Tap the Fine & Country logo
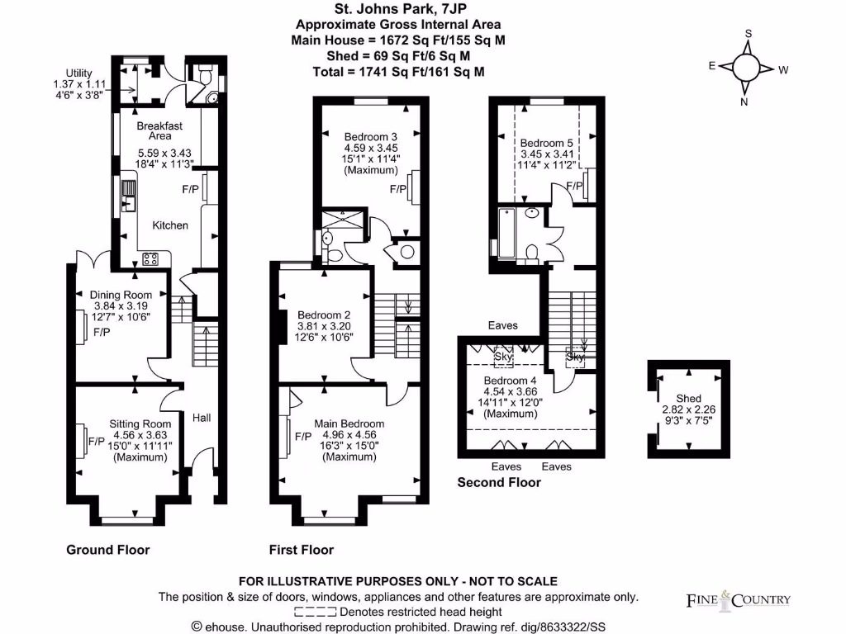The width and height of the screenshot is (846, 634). tap(738, 599)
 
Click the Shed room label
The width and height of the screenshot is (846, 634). tap(688, 398)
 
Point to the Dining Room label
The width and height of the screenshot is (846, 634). tap(121, 295)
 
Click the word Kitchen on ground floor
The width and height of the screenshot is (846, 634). tap(170, 225)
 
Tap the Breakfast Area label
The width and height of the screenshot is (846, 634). tap(159, 130)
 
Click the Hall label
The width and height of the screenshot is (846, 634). tap(202, 419)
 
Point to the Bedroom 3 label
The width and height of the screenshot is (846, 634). tap(371, 136)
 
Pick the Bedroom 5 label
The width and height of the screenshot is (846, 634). tap(546, 142)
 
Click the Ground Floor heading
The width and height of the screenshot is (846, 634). tap(107, 549)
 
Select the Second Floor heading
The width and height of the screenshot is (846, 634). tap(499, 482)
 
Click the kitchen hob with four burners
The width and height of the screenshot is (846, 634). tap(151, 259)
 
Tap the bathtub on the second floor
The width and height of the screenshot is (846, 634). tap(505, 234)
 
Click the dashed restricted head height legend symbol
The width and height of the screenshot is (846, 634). tap(315, 612)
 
